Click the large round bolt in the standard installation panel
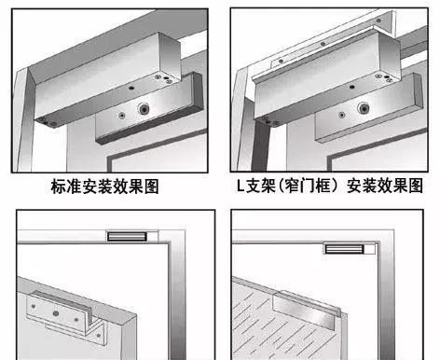point(144,109)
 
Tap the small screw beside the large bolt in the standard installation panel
point(121,116)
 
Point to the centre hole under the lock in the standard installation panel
point(131,89)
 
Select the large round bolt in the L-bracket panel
point(363,108)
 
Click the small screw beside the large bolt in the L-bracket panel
point(342,115)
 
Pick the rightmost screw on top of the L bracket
point(378,21)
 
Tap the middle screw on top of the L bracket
point(323,44)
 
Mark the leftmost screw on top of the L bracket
point(281,62)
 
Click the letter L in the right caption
point(241,186)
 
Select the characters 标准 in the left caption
point(66,187)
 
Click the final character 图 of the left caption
point(151,187)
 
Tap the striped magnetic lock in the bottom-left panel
point(127,237)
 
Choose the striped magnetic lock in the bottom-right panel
point(344,249)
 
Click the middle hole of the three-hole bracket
point(55,313)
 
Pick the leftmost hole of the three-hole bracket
point(34,307)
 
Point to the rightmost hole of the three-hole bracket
point(76,320)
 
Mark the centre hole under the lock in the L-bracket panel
point(351,88)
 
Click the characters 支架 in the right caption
point(260,186)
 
